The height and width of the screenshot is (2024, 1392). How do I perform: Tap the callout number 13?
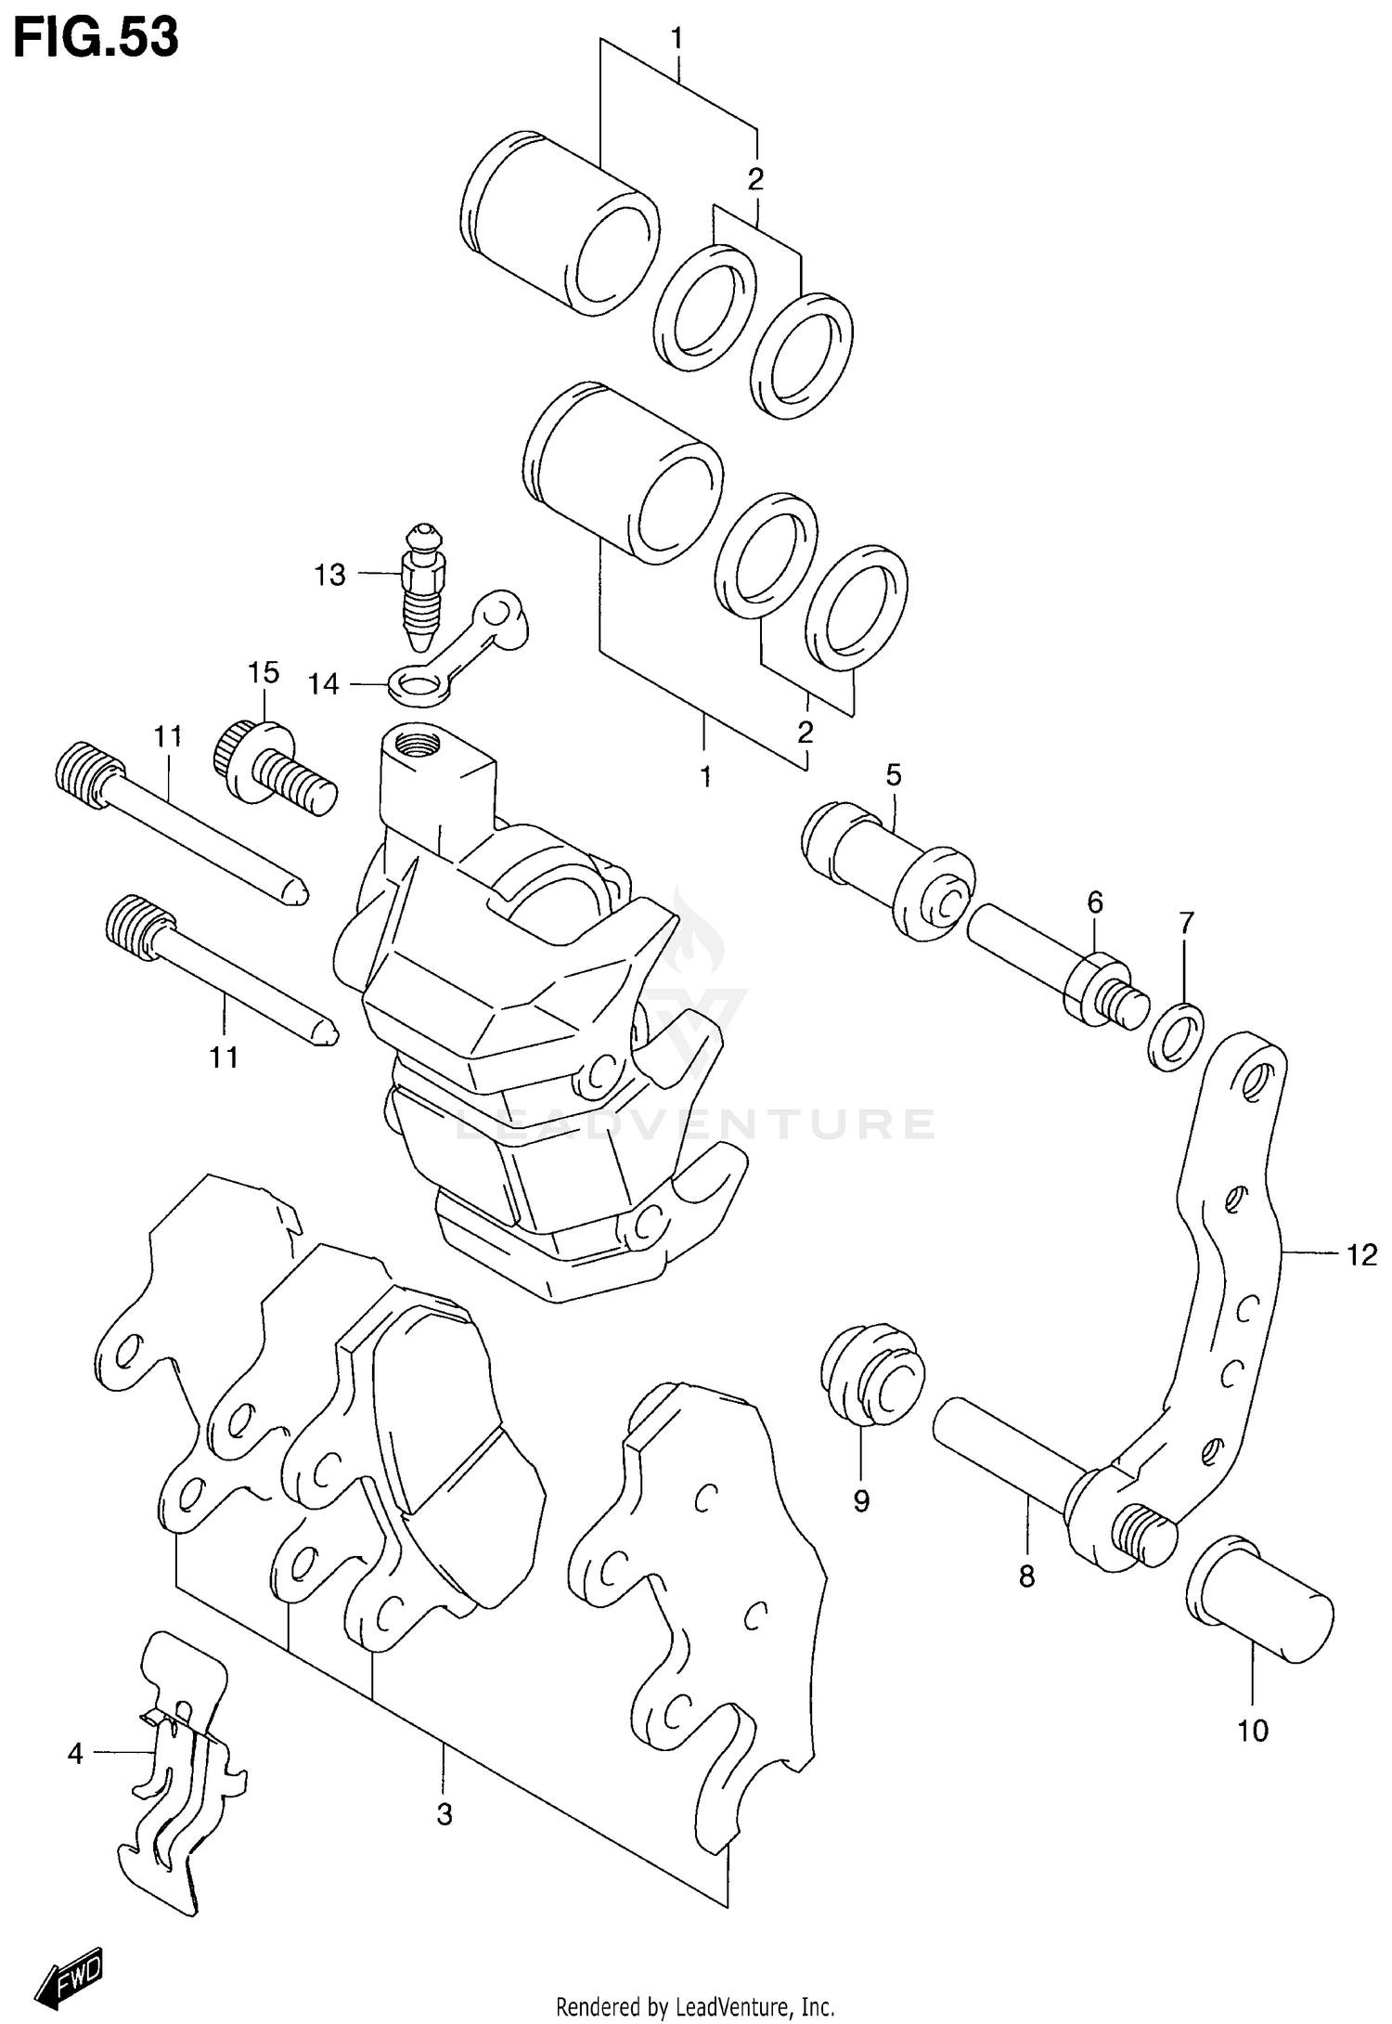pyautogui.click(x=329, y=575)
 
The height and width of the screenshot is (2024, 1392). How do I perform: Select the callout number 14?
pyautogui.click(x=324, y=684)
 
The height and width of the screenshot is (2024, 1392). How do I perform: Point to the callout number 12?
pyautogui.click(x=1361, y=1255)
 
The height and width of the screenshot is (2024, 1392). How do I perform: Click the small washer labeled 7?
pyautogui.click(x=1176, y=1035)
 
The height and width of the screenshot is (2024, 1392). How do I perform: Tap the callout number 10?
pyautogui.click(x=1252, y=1730)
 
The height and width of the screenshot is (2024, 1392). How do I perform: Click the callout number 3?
pyautogui.click(x=445, y=1813)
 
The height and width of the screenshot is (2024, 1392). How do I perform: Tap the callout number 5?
pyautogui.click(x=893, y=774)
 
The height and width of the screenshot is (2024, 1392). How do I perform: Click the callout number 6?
pyautogui.click(x=1095, y=902)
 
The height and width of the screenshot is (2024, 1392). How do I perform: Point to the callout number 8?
pyautogui.click(x=1025, y=1576)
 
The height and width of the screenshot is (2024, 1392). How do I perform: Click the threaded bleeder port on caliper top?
pyautogui.click(x=414, y=743)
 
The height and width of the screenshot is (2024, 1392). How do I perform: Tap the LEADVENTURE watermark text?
pyautogui.click(x=696, y=1124)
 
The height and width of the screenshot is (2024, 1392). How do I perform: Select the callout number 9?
pyautogui.click(x=861, y=1500)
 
